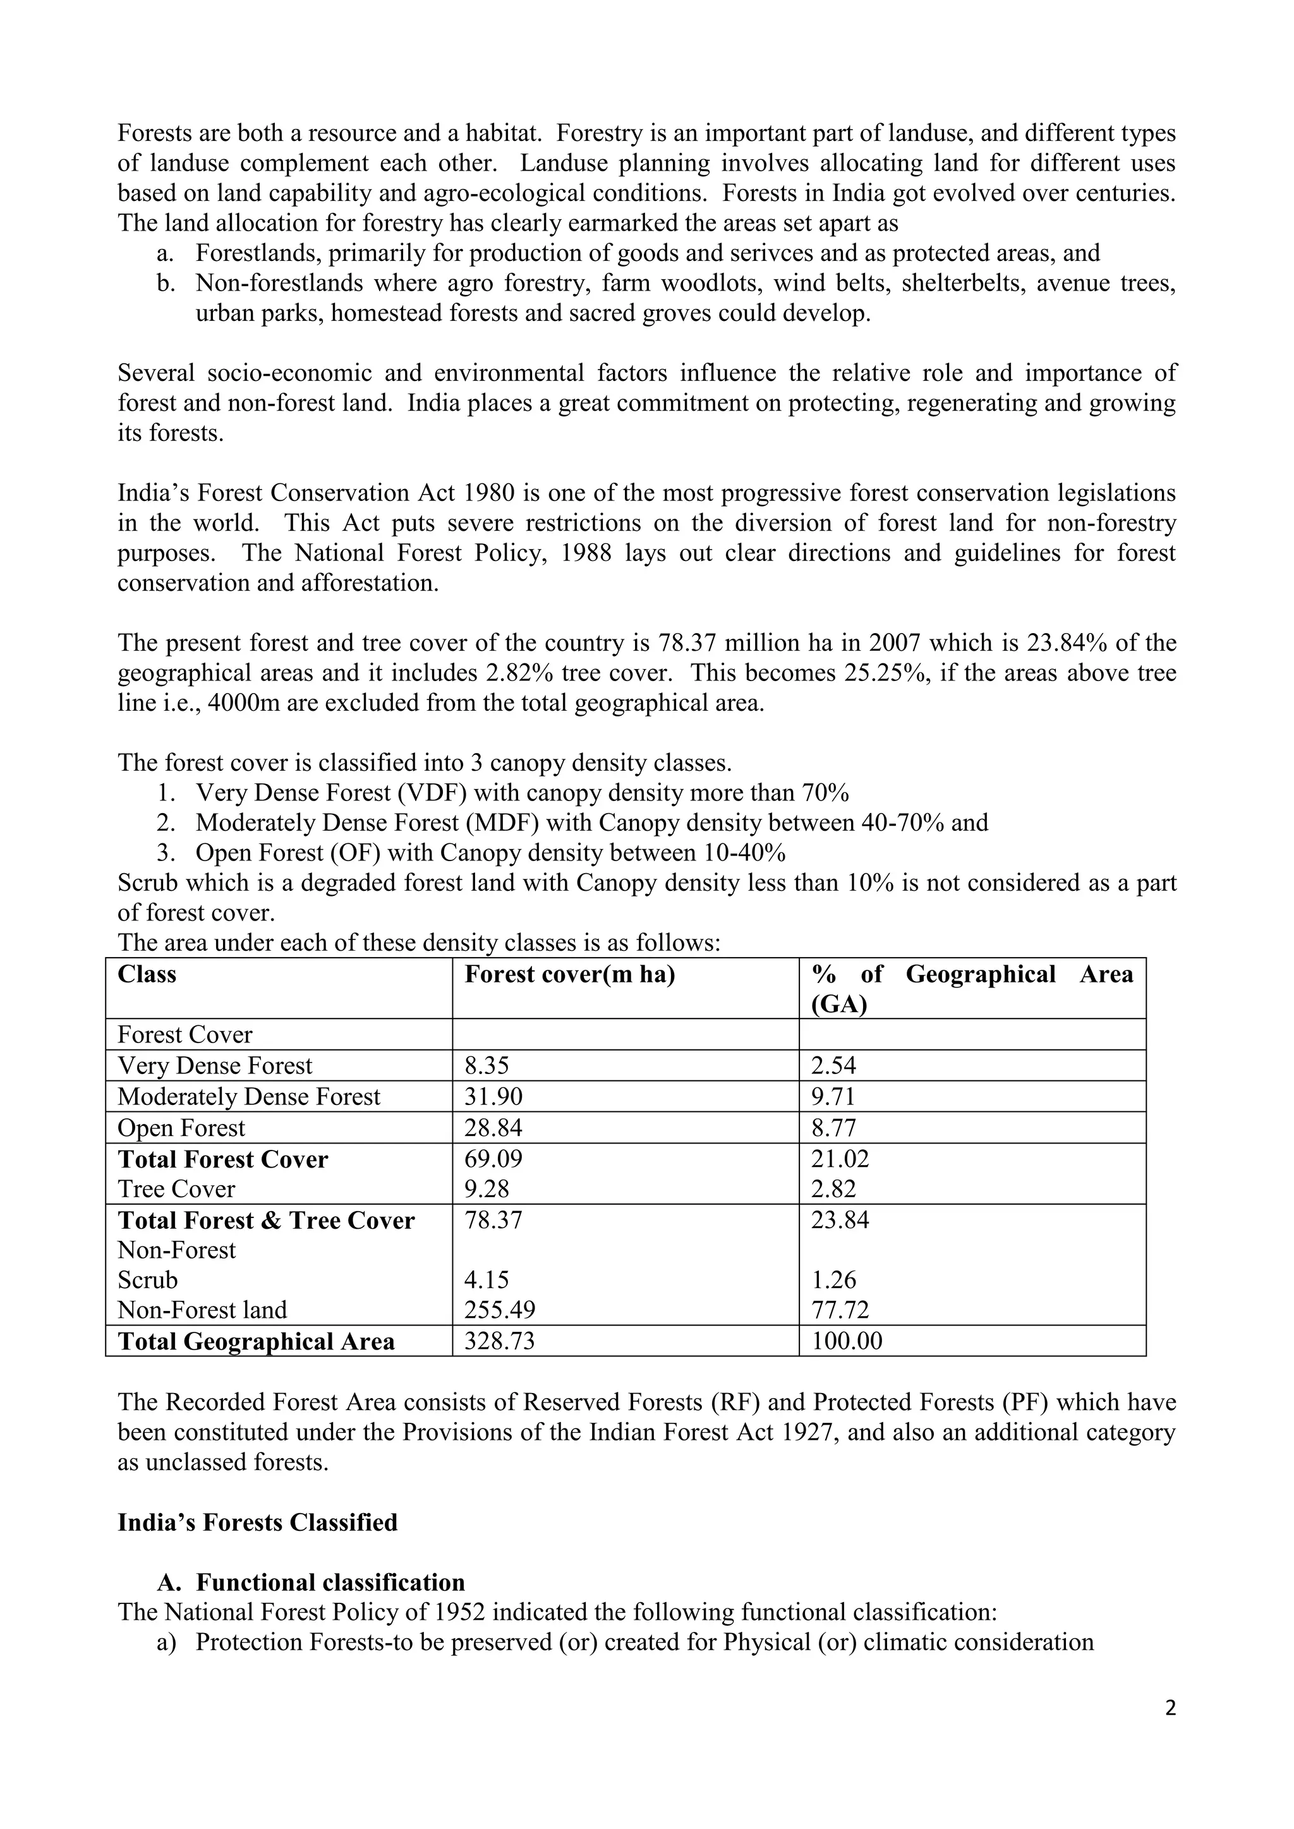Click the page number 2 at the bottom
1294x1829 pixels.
tap(1170, 1707)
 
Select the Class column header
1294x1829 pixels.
tap(147, 974)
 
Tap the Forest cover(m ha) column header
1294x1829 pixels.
tap(570, 974)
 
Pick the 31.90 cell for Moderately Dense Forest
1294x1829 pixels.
tap(493, 1096)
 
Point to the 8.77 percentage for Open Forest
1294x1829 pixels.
tap(833, 1128)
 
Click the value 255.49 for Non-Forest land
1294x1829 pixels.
tap(500, 1310)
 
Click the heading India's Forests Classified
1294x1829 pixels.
tap(257, 1523)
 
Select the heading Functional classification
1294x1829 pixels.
tap(330, 1582)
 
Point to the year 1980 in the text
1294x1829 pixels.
tap(488, 493)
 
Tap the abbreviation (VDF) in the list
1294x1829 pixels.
tap(433, 793)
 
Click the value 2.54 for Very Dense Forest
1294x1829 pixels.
tap(833, 1065)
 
